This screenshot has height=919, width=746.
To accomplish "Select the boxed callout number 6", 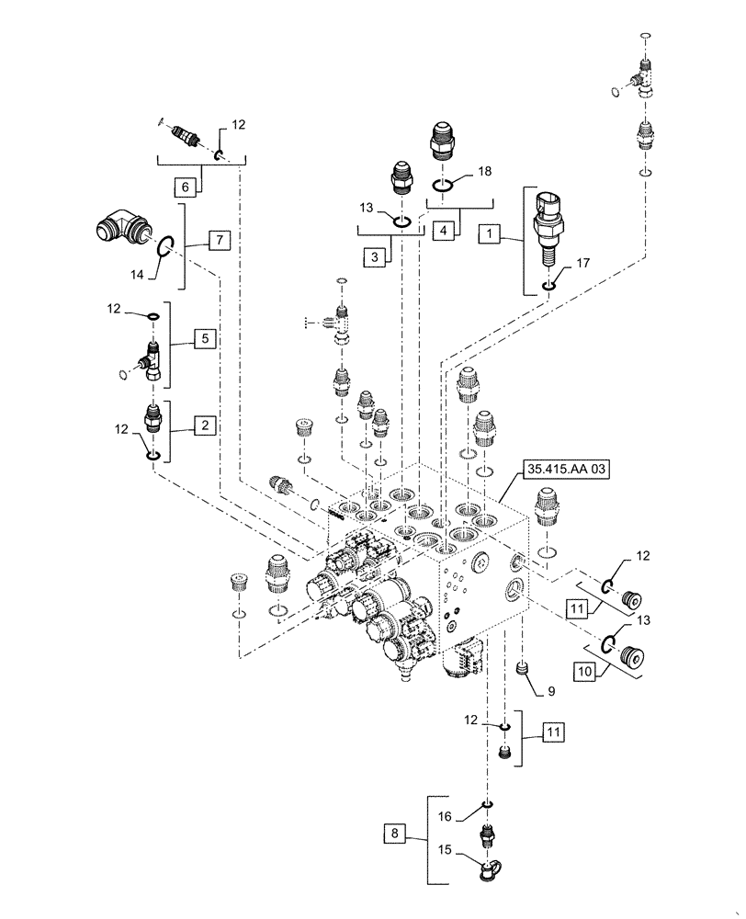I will click(x=187, y=187).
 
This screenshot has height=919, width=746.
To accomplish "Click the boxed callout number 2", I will click(x=205, y=425).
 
